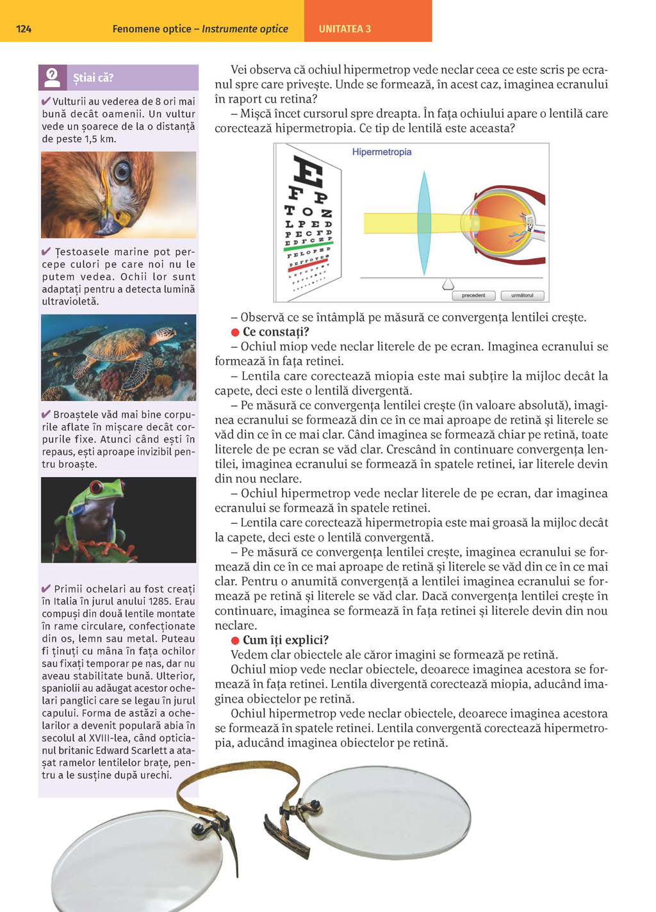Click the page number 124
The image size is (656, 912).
pyautogui.click(x=24, y=29)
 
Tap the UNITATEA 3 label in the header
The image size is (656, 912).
pyautogui.click(x=345, y=29)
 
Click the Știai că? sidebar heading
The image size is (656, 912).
pyautogui.click(x=93, y=78)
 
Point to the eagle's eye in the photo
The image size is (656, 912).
pyautogui.click(x=122, y=170)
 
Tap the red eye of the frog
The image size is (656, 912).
pyautogui.click(x=96, y=489)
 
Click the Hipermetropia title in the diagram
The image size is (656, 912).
pyautogui.click(x=382, y=152)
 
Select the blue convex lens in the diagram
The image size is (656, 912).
pyautogui.click(x=424, y=223)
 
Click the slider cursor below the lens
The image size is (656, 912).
pyautogui.click(x=448, y=284)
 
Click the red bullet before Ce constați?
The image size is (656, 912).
pyautogui.click(x=235, y=332)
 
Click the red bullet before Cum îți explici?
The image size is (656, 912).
pyautogui.click(x=235, y=640)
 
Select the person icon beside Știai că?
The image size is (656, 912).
pyautogui.click(x=53, y=77)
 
